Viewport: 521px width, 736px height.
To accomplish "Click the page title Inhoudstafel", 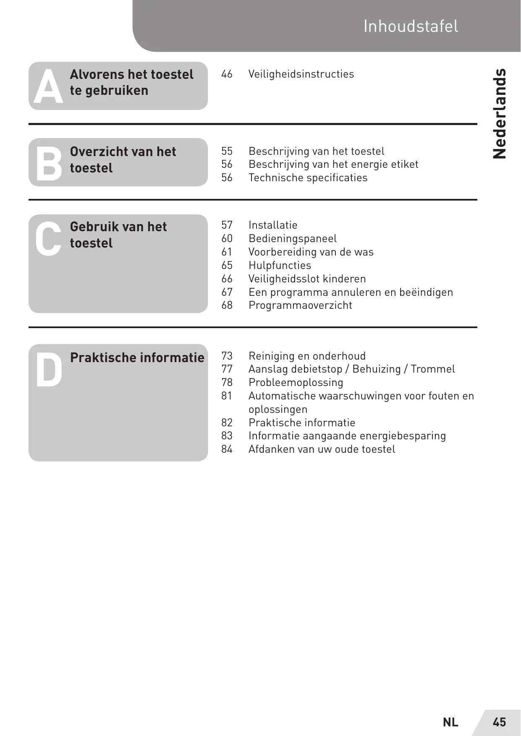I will pos(411,26).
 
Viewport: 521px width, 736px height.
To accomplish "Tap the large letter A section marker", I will pos(48,87).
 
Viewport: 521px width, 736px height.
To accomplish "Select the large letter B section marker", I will pos(48,164).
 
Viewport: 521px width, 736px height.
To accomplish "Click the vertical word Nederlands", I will pos(499,113).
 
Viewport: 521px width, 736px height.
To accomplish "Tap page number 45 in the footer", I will pos(499,722).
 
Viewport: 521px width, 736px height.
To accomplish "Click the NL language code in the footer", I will pos(450,722).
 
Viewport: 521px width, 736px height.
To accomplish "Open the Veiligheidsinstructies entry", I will pos(301,74).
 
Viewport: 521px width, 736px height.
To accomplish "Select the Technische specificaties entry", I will pos(308,178).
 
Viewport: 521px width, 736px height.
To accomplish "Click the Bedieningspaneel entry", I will pos(293,239).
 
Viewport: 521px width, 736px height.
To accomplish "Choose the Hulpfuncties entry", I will pos(280,266).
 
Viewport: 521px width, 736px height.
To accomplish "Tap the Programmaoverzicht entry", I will pos(300,305).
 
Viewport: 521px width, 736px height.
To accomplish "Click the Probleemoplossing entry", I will pos(296,383).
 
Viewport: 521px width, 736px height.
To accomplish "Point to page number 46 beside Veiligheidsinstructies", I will pos(227,74).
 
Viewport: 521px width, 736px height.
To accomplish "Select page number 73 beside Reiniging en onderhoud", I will pos(227,356).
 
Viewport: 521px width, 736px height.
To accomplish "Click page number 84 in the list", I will pos(227,449).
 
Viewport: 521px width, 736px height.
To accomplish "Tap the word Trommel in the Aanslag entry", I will pos(432,369).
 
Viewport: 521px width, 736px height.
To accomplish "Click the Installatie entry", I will pos(273,225).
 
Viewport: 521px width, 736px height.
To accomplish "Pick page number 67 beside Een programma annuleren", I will pos(227,292).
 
